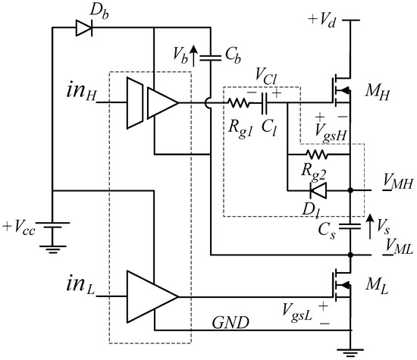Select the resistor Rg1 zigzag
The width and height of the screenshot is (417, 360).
click(241, 102)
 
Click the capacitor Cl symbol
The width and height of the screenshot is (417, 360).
click(267, 102)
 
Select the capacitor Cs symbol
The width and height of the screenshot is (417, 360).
click(350, 225)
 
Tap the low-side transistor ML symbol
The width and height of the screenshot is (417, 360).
click(340, 285)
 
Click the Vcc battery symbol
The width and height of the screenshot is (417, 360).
click(52, 227)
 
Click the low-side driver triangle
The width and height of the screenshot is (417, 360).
click(152, 294)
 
